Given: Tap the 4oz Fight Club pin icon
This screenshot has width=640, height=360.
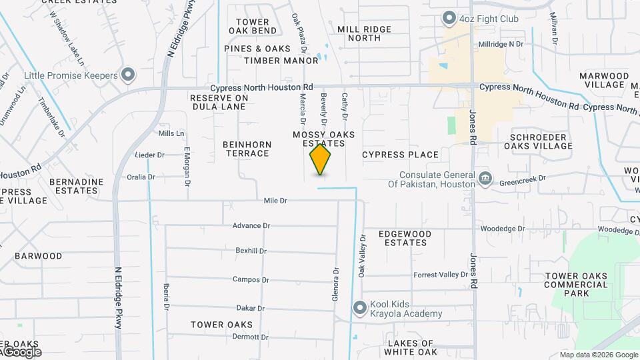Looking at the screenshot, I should click(450, 18).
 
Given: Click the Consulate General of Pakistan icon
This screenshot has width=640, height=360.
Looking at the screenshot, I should click(485, 179).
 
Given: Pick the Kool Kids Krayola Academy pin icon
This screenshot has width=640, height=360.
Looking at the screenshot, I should click(360, 307).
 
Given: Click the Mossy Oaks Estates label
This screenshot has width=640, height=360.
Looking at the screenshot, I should click(324, 139).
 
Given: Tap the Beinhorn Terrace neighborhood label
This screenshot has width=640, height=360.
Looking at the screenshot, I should click(246, 149).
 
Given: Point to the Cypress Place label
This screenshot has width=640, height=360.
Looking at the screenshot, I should click(400, 155).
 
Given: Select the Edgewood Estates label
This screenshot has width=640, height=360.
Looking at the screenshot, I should click(403, 238).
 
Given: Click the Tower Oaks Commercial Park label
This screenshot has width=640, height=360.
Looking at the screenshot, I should click(576, 285).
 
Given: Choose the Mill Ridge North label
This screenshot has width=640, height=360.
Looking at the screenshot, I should click(368, 33).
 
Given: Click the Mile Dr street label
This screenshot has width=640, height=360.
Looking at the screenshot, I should click(275, 200).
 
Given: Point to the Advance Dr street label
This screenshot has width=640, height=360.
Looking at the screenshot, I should click(251, 225).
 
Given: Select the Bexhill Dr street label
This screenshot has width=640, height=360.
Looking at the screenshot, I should click(251, 251).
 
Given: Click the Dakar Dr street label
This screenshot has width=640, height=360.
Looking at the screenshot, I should click(251, 308).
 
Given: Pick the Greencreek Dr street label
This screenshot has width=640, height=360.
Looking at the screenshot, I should click(523, 179).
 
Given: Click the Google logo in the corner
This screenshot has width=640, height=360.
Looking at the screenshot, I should click(21, 351).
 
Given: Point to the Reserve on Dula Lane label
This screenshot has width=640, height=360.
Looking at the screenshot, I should click(219, 102).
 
